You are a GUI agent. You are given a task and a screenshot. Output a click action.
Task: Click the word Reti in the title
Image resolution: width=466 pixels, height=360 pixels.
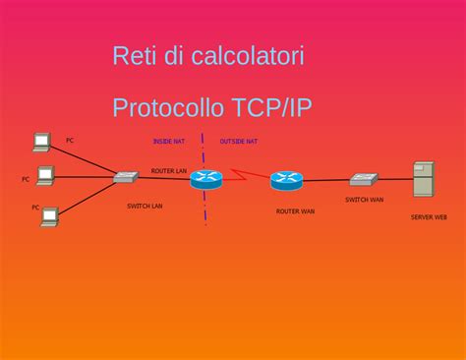134,56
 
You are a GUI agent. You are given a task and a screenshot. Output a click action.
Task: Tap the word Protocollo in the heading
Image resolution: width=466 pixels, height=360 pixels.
168,107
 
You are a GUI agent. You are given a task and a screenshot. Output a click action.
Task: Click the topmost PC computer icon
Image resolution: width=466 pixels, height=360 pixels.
40,142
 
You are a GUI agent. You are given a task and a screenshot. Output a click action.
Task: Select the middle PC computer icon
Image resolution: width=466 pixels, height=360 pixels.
45,175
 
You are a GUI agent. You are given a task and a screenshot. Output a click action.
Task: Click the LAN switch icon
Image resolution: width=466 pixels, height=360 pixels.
125,177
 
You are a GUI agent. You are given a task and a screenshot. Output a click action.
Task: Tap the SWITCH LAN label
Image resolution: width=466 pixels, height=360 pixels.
145,206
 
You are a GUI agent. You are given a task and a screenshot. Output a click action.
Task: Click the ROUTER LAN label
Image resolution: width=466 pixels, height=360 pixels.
169,171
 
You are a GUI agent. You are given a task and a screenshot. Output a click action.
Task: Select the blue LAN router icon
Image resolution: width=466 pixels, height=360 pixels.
206,179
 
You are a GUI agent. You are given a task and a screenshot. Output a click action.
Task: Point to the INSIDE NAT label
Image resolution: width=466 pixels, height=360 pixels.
168,142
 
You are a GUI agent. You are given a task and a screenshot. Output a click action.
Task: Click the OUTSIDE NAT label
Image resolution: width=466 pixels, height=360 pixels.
238,142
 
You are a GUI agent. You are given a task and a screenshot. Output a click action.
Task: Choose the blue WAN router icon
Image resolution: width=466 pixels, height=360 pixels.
286,180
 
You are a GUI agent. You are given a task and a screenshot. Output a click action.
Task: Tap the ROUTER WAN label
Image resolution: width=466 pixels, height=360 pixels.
295,210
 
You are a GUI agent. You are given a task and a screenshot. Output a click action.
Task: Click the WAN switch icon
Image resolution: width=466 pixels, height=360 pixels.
363,180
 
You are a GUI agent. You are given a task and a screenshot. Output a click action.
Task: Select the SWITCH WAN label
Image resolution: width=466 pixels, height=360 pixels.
364,200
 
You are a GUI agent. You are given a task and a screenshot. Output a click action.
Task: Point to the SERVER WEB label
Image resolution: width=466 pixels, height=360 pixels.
429,216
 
